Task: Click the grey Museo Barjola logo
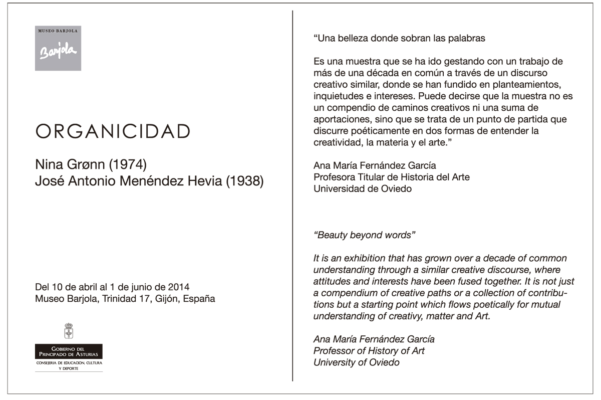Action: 58,48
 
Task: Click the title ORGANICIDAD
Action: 113,131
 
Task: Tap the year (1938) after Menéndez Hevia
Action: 245,181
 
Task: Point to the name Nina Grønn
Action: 65,164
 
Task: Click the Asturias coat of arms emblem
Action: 69,331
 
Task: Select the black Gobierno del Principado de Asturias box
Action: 69,351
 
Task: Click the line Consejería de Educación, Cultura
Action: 69,362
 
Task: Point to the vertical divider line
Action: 292,195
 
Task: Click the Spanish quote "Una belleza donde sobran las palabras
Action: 399,38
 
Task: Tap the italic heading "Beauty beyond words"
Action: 365,235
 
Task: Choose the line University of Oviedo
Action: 356,362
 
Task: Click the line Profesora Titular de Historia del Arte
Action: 391,177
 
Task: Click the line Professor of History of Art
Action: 369,351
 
